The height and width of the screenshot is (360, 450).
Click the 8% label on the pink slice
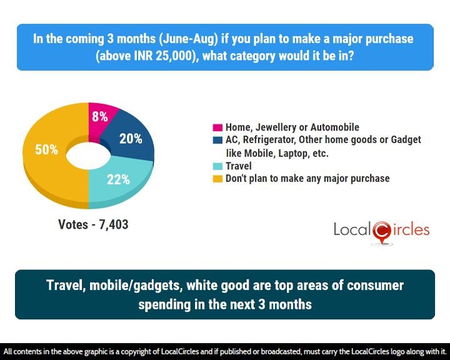(x=100, y=116)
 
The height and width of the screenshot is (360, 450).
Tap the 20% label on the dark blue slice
(x=131, y=139)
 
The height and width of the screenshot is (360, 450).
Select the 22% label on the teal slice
(x=118, y=180)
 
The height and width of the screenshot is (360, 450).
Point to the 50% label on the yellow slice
(x=46, y=149)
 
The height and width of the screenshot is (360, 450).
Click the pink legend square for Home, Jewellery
(x=217, y=127)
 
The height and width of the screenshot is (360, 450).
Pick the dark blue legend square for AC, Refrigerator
(x=217, y=140)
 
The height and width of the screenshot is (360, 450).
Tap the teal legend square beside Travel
(x=217, y=166)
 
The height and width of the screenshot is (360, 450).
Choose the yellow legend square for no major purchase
(x=217, y=179)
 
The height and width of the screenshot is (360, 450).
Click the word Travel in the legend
(x=239, y=166)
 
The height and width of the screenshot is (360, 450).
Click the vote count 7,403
(x=114, y=224)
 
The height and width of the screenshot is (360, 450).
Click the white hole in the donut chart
(x=88, y=156)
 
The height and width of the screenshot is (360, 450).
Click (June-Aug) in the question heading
(x=189, y=39)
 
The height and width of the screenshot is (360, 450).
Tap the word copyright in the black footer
(x=138, y=352)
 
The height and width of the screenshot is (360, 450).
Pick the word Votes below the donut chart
(x=73, y=224)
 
